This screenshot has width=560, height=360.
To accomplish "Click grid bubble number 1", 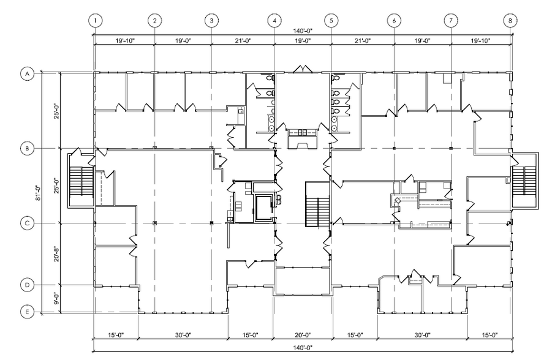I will pyautogui.click(x=95, y=20).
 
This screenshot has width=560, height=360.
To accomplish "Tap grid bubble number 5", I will pyautogui.click(x=331, y=20).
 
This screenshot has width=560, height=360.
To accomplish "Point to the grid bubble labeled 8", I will pyautogui.click(x=510, y=20).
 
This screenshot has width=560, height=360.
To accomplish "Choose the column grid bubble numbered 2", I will pyautogui.click(x=155, y=20).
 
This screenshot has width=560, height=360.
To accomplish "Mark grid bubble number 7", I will pyautogui.click(x=451, y=20).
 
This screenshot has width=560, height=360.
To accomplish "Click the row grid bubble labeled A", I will pyautogui.click(x=27, y=74).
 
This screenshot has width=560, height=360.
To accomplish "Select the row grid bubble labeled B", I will pyautogui.click(x=27, y=149).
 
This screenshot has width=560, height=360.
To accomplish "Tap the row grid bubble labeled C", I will pyautogui.click(x=27, y=223).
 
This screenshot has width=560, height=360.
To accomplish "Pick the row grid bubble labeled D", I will pyautogui.click(x=27, y=285).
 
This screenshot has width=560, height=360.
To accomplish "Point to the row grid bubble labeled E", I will pyautogui.click(x=27, y=312).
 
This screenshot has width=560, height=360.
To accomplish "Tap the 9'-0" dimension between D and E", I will pyautogui.click(x=56, y=299).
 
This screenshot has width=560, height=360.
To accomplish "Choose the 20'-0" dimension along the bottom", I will pyautogui.click(x=303, y=335).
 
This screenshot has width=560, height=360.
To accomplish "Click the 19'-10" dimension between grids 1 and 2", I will pyautogui.click(x=124, y=42).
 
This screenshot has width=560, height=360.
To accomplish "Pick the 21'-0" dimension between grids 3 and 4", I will pyautogui.click(x=243, y=42).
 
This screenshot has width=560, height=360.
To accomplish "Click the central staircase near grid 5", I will pyautogui.click(x=317, y=204).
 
